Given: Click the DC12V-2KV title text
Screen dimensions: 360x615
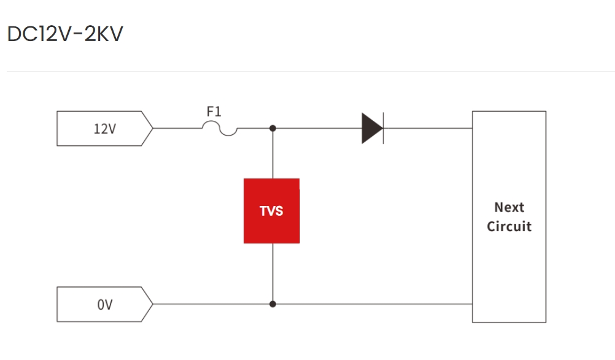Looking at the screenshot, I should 64,34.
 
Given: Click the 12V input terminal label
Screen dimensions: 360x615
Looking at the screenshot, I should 104,129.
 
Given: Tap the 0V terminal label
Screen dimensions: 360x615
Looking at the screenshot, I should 104,305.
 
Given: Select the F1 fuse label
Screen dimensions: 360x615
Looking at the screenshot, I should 214,112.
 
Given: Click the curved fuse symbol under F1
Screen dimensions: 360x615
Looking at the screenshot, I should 220,129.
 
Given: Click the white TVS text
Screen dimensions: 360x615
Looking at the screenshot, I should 271,211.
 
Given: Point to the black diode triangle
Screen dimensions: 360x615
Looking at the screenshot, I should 371,128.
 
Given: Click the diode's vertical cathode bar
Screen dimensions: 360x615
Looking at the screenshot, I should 384,128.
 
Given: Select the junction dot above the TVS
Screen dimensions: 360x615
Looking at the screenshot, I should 273,128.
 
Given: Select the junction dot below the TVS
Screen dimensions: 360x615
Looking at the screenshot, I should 273,304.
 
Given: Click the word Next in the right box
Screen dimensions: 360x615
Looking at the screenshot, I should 509,207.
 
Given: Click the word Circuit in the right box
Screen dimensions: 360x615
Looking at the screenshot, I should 509,226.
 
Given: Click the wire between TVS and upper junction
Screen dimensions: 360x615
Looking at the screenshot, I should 273,153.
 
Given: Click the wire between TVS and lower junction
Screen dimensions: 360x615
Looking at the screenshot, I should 273,273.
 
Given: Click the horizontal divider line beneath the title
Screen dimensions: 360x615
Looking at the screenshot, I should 307,72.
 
